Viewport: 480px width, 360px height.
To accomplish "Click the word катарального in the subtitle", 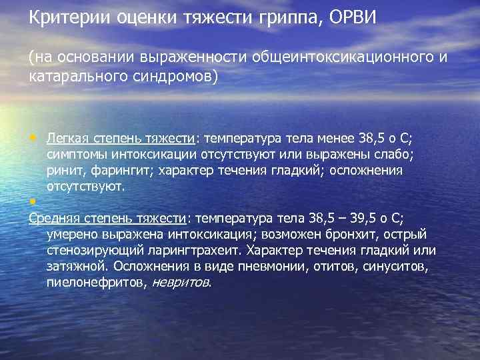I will tap(75, 75).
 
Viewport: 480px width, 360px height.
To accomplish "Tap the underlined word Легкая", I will tap(67, 138).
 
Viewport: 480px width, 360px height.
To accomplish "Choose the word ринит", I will tap(63, 170).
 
